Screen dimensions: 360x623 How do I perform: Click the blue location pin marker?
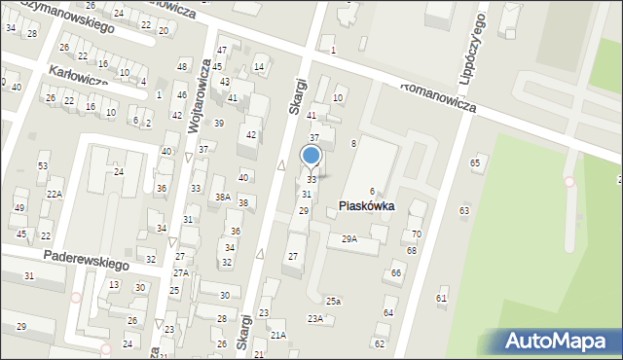(x=311, y=157)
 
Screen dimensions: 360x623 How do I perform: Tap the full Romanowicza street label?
(x=437, y=97)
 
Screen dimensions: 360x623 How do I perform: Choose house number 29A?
(x=348, y=238)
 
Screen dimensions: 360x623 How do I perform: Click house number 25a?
(x=333, y=302)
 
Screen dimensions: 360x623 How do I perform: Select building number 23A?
(x=315, y=319)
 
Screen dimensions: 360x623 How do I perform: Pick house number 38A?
(x=223, y=198)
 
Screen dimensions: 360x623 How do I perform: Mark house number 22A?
(x=55, y=195)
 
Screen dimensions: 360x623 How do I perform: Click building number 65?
(x=475, y=162)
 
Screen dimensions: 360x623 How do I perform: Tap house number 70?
(x=416, y=234)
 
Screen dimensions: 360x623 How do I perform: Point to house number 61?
(x=441, y=298)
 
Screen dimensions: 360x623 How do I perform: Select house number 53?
(x=43, y=166)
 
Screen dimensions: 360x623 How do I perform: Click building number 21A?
(x=278, y=336)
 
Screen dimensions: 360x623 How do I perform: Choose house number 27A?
(x=181, y=273)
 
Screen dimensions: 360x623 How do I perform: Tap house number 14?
(x=259, y=67)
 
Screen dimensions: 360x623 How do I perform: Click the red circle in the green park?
(x=569, y=181)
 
